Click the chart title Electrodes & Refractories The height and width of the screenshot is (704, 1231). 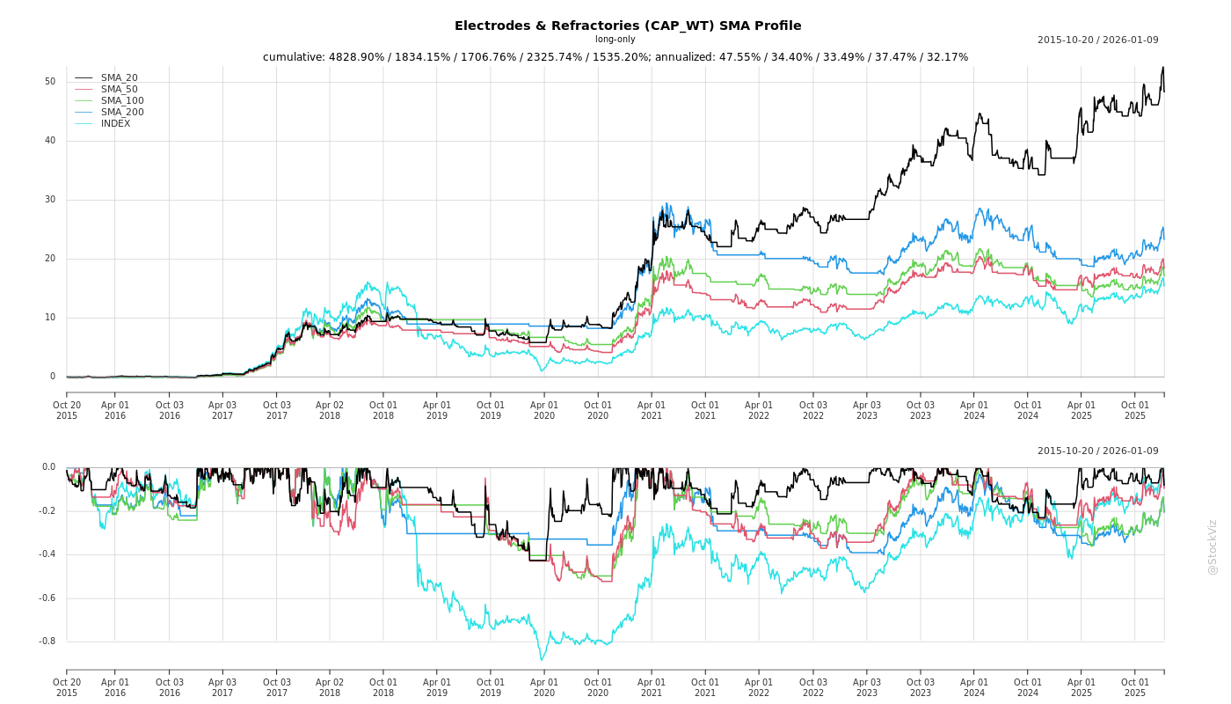[x=627, y=26]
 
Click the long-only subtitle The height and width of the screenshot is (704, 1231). [x=615, y=40]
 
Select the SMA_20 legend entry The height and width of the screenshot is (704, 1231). [x=119, y=78]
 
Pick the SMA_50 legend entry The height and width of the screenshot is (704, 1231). [x=119, y=90]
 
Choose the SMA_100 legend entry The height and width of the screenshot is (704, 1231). [x=122, y=101]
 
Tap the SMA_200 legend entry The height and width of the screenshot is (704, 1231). [x=122, y=113]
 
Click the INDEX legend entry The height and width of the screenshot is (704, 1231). [x=115, y=124]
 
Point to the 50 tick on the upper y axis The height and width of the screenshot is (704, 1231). [x=50, y=82]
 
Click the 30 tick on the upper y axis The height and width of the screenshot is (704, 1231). [x=50, y=200]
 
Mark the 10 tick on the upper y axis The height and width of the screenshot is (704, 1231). [x=50, y=318]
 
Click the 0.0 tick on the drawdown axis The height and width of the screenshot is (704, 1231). [x=48, y=467]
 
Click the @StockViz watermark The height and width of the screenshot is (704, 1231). [x=1213, y=546]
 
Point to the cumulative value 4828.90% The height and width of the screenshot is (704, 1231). [x=359, y=57]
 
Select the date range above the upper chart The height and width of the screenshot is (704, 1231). [x=1097, y=40]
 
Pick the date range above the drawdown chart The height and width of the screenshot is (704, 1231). [x=1097, y=451]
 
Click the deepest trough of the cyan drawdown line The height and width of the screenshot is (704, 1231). [x=542, y=660]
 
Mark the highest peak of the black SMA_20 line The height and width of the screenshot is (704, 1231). [x=1162, y=68]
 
